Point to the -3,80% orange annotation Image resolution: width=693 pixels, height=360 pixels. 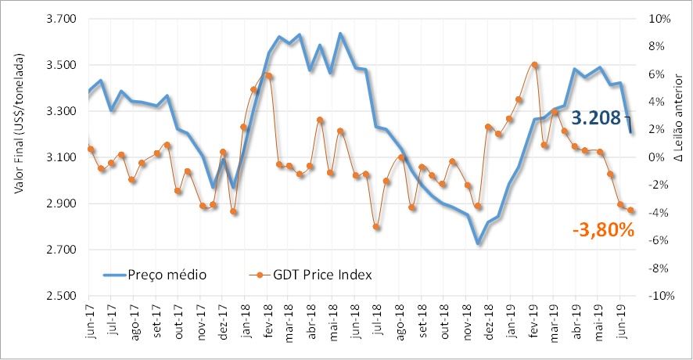point(603,230)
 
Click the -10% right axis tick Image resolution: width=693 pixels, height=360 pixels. point(659,297)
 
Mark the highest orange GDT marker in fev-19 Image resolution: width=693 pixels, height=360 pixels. point(534,65)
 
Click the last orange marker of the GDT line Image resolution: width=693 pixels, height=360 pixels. point(630,210)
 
